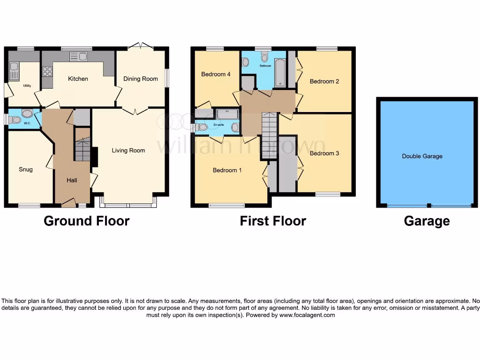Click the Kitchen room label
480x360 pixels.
click(78, 79)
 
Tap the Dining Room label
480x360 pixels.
click(141, 79)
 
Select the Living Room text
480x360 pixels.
click(128, 150)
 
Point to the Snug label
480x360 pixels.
click(26, 169)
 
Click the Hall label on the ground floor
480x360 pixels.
click(71, 180)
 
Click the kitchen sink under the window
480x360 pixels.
click(78, 57)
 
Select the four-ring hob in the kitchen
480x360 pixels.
click(47, 72)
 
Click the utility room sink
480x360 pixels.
click(14, 74)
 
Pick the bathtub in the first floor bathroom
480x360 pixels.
click(279, 73)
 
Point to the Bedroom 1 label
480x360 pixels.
click(227, 170)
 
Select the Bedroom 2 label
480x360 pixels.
click(324, 82)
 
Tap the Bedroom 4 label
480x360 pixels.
click(216, 74)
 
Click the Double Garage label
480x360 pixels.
click(422, 156)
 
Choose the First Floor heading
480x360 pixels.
click(273, 221)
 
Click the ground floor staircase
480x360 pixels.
click(82, 150)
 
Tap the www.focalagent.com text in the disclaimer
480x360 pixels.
click(308, 315)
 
